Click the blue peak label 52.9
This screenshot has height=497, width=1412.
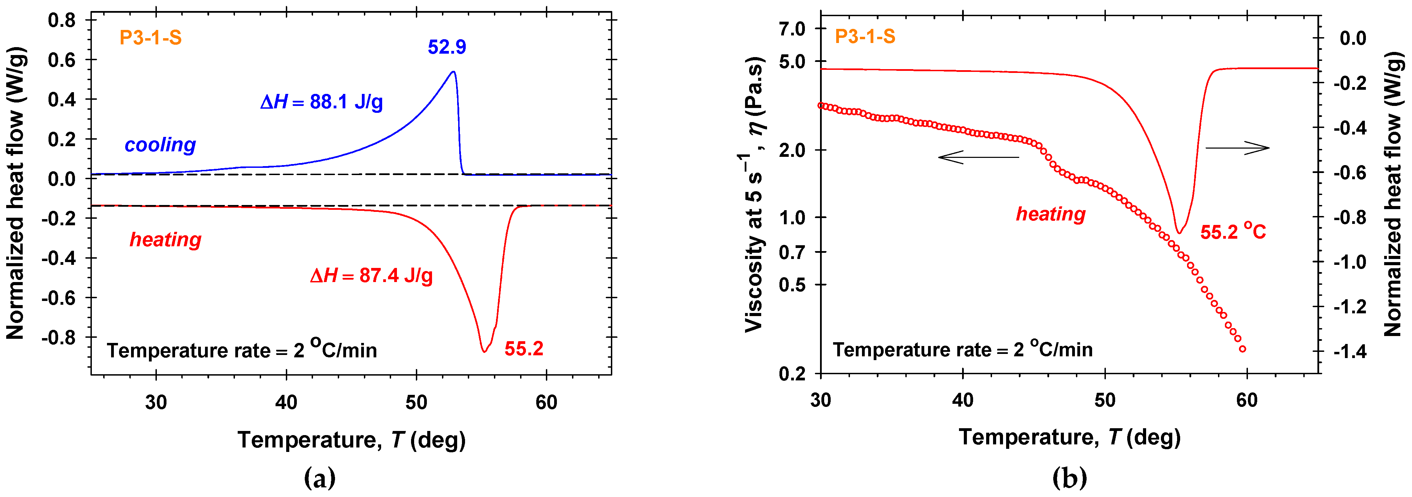tap(447, 47)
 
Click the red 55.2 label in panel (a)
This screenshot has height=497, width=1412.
tap(524, 348)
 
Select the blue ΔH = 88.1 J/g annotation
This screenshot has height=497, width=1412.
tap(322, 102)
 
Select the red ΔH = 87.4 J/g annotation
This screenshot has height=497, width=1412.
tap(371, 275)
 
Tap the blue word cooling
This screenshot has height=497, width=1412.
tap(160, 145)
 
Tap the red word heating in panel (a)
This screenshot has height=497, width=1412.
tap(165, 239)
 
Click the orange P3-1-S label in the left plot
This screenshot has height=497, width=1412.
tap(151, 38)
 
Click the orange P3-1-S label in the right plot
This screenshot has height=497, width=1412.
tap(865, 37)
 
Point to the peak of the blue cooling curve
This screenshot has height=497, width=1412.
tap(453, 72)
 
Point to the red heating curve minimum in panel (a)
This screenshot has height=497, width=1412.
tap(484, 351)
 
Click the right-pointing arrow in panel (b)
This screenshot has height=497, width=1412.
tap(1237, 148)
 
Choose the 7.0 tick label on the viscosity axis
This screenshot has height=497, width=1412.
tap(792, 29)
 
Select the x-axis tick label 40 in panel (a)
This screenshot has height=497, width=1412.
tap(286, 403)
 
